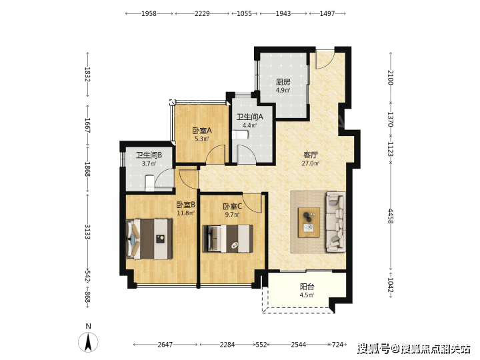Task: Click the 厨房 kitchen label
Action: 283,82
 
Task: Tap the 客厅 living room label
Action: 311,155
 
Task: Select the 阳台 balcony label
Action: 307,287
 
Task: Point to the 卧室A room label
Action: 202,131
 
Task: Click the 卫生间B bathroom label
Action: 149,155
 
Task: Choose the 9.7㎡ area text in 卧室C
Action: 233,215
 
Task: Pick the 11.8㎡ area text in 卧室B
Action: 186,213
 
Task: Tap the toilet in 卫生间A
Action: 240,135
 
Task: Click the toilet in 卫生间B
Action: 149,183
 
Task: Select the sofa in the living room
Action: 336,221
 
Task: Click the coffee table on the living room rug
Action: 309,222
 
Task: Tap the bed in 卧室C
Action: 228,239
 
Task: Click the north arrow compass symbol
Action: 88,342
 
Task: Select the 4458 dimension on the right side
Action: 391,216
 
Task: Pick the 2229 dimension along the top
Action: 202,13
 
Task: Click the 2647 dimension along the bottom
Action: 165,345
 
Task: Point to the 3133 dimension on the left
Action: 87,232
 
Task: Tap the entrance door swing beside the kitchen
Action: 325,59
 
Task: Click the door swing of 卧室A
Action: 215,154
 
